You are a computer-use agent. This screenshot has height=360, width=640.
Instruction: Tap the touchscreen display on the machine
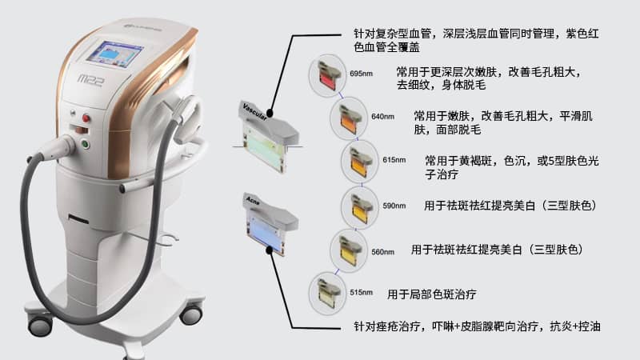pyautogui.click(x=117, y=54)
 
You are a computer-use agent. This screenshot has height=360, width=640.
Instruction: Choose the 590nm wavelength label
pyautogui.click(x=394, y=206)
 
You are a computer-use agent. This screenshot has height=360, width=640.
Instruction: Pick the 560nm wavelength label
pyautogui.click(x=383, y=251)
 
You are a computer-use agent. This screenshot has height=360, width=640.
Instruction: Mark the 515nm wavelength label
pyautogui.click(x=362, y=294)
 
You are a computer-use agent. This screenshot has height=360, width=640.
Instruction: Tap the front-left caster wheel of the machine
pyautogui.click(x=39, y=324)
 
